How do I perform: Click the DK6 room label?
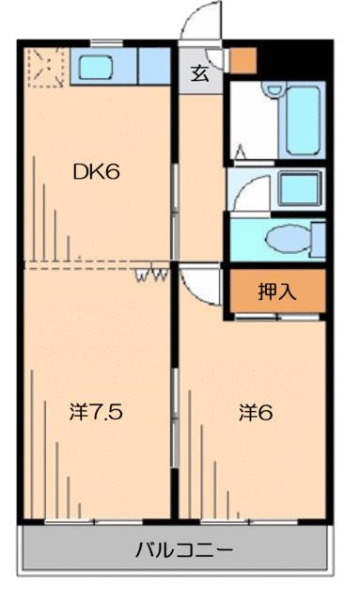click(x=96, y=171)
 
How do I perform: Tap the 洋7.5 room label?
click(x=96, y=412)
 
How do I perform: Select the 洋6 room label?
click(x=256, y=412)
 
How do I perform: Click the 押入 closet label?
click(x=277, y=292)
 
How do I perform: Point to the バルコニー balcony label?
click(x=184, y=550)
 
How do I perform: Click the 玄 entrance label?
click(x=200, y=73)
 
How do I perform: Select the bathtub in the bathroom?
click(x=304, y=119)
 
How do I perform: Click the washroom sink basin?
click(x=299, y=188)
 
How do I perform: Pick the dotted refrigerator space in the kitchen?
click(x=46, y=68)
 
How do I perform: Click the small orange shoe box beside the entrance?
click(x=243, y=60)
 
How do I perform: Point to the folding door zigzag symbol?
click(x=151, y=274)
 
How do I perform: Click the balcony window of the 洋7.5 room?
click(x=94, y=521)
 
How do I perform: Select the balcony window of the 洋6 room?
click(x=249, y=521)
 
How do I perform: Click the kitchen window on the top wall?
click(x=106, y=42)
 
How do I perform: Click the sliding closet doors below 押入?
click(x=276, y=317)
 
